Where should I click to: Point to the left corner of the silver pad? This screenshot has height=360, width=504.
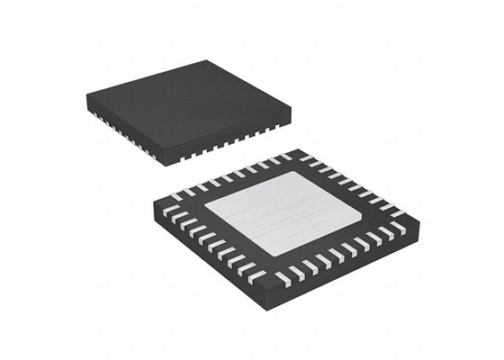point(205,211)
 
